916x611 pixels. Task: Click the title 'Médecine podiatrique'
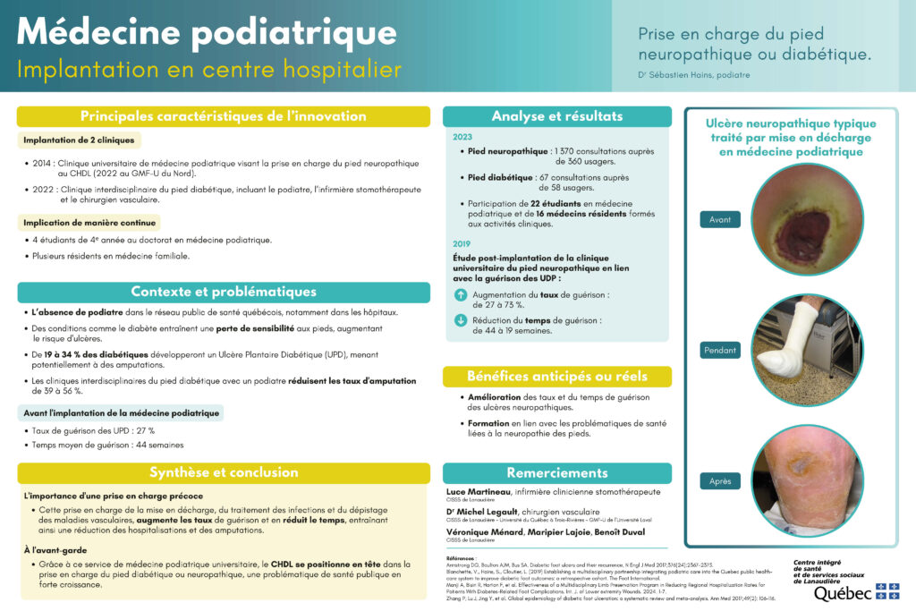click(x=206, y=32)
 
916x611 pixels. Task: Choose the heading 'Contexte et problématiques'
click(x=223, y=292)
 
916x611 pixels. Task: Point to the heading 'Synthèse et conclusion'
click(x=223, y=472)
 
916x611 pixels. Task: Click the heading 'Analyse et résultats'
click(x=556, y=116)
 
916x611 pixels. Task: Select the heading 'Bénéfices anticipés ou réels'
click(x=556, y=376)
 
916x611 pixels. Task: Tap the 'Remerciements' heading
click(x=556, y=472)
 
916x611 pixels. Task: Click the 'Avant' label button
click(x=720, y=220)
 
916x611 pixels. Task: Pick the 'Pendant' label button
click(x=720, y=351)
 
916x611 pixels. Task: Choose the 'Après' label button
click(x=720, y=480)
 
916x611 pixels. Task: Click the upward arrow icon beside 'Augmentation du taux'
click(x=461, y=294)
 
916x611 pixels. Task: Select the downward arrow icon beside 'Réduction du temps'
click(x=461, y=320)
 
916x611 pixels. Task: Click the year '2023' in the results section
click(x=462, y=138)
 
